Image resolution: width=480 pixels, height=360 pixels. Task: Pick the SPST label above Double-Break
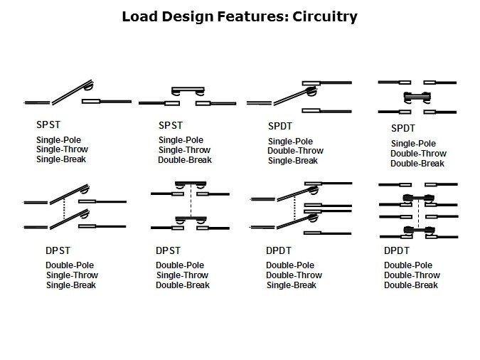pyautogui.click(x=171, y=125)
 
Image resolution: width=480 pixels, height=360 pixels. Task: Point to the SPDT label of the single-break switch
pyautogui.click(x=280, y=126)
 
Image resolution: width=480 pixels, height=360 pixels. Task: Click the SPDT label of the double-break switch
pyautogui.click(x=403, y=129)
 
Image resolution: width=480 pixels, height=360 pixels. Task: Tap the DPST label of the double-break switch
pyautogui.click(x=168, y=250)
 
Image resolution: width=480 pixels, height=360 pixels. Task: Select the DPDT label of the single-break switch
pyautogui.click(x=279, y=250)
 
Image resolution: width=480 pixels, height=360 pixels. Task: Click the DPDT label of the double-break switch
pyautogui.click(x=397, y=250)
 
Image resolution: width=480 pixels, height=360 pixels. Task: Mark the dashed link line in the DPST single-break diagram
pyautogui.click(x=64, y=208)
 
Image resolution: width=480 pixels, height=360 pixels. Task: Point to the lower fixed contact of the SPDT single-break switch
pyautogui.click(x=310, y=110)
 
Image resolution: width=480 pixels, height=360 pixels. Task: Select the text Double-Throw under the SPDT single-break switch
pyautogui.click(x=295, y=151)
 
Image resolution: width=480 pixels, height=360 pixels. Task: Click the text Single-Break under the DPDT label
pyautogui.click(x=292, y=285)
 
